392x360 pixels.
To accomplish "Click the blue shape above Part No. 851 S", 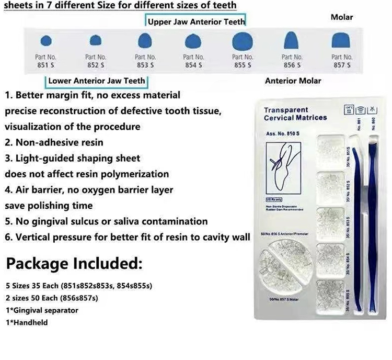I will [45, 40].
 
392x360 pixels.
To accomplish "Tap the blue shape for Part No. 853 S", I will [144, 40].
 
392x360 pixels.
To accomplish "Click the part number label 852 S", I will [95, 61].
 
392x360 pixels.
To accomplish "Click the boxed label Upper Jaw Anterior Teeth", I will [195, 22].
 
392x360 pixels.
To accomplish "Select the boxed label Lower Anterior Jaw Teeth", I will [96, 81].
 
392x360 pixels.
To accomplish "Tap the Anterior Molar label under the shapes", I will [293, 81].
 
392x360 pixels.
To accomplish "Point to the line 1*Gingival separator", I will [42, 310].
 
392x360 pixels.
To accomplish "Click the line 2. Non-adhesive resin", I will [54, 142].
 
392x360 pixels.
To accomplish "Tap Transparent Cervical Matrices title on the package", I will [295, 114].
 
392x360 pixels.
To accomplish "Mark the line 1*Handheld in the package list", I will [27, 323].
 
